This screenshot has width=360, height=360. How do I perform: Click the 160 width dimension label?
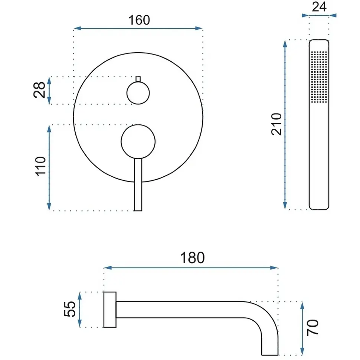tap(139, 20)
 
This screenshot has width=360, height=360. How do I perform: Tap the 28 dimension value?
tap(39, 90)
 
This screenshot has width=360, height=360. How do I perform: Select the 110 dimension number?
tap(40, 167)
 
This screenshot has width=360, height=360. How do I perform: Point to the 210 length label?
tap(276, 124)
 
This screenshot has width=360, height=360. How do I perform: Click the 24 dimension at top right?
tap(319, 7)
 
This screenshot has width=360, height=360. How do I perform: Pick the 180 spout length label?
tap(192, 258)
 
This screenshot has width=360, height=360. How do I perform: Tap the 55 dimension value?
tap(69, 309)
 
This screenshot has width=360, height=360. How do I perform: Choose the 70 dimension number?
tap(313, 327)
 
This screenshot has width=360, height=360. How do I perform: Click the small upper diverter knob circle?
tap(138, 93)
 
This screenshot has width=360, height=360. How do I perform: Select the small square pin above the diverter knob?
tap(138, 79)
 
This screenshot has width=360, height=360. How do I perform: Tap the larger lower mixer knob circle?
tap(138, 142)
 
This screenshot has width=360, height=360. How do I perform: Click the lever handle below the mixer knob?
tap(138, 184)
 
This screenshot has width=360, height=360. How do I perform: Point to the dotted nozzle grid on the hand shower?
tap(319, 76)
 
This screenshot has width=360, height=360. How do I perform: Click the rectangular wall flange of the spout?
tap(110, 310)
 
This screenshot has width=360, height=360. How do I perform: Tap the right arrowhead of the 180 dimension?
tap(274, 268)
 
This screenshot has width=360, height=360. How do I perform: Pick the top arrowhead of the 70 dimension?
tap(302, 305)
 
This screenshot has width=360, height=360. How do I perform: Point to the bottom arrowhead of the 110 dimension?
tap(49, 207)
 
